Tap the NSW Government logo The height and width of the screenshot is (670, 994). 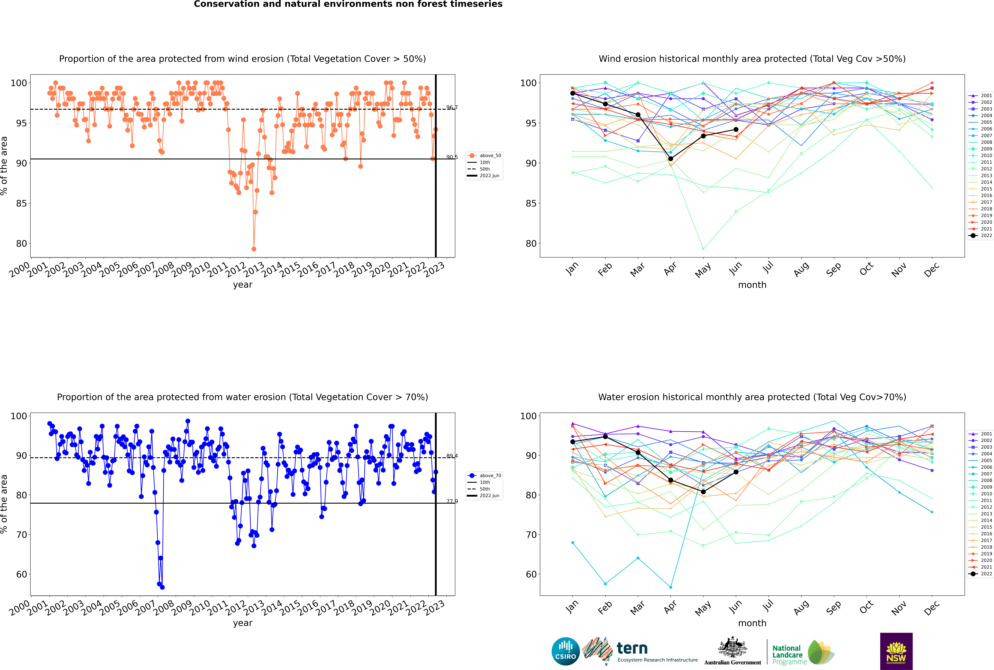pos(896,651)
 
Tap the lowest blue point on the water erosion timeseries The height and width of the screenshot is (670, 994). pos(162,587)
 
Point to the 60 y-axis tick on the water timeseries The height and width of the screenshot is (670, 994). pos(22,574)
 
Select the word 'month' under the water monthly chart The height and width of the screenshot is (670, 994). pos(752,623)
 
